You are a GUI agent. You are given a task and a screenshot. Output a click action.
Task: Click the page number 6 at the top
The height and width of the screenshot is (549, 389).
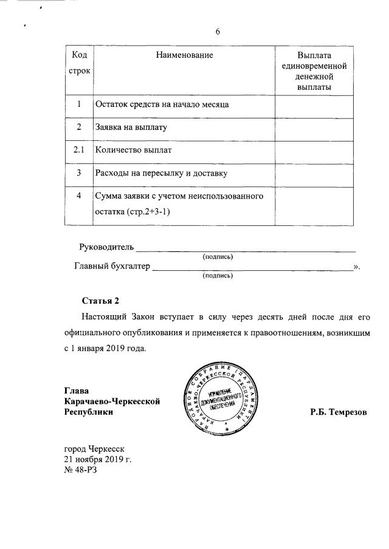pos(217,32)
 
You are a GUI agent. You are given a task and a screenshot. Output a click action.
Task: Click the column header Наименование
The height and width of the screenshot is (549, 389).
pos(184,55)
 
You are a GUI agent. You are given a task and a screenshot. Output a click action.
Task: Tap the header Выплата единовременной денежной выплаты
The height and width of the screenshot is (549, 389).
pos(314,71)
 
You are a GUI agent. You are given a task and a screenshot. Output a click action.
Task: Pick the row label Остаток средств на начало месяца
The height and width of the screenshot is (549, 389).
pos(162,104)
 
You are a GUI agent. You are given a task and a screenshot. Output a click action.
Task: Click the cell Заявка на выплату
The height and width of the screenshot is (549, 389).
pos(131,128)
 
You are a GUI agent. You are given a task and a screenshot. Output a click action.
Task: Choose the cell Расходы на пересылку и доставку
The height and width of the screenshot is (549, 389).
pos(161,174)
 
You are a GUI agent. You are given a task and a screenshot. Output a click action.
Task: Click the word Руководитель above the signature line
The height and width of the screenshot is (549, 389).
pos(106,247)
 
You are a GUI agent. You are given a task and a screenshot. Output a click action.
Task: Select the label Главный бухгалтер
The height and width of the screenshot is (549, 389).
pos(112,265)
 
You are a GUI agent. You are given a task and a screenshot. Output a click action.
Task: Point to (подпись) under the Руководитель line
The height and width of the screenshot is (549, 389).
pos(218,256)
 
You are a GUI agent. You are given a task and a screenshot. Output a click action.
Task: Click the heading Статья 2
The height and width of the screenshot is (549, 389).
pos(102,301)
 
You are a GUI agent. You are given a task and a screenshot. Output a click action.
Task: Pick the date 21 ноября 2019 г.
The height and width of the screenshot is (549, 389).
pos(98,459)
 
